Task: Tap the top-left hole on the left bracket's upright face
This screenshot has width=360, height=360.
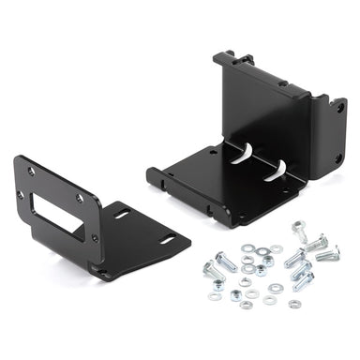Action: [x=30, y=171]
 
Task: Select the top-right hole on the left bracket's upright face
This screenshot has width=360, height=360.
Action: [x=80, y=198]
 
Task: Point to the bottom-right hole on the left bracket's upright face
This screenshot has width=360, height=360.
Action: [x=94, y=237]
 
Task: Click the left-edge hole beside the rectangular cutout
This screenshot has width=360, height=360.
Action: [x=21, y=195]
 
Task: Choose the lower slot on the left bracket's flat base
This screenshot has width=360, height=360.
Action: [x=166, y=241]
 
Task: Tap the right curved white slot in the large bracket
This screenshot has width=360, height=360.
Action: [x=277, y=171]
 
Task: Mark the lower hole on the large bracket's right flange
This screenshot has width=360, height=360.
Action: [x=338, y=157]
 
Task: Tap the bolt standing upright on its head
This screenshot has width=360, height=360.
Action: [x=300, y=229]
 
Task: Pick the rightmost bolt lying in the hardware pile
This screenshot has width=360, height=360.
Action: [x=327, y=253]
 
